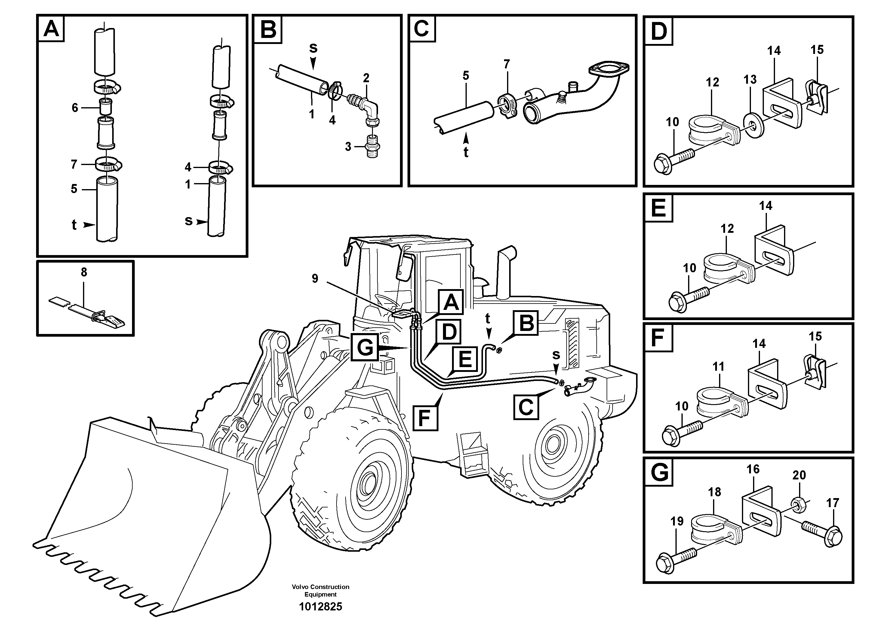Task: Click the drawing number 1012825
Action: [320, 606]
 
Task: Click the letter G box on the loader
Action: [365, 347]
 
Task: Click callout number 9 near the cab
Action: [315, 278]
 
